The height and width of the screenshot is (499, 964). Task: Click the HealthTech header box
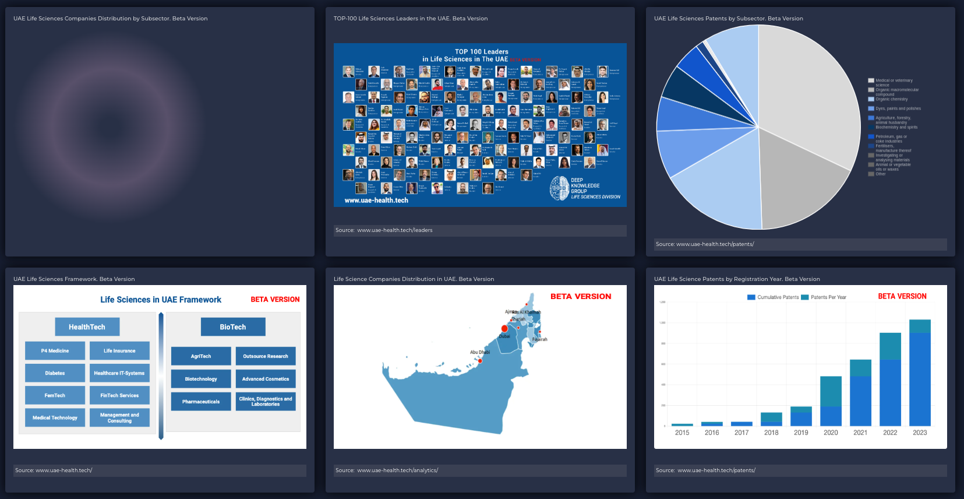tap(87, 327)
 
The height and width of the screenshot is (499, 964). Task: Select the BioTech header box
tap(233, 327)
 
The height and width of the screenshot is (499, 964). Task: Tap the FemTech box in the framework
tap(55, 395)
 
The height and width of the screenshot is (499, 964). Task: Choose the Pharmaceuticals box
tap(201, 402)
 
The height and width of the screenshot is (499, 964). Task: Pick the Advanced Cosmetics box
tap(266, 379)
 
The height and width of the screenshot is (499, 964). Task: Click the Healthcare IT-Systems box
tap(119, 373)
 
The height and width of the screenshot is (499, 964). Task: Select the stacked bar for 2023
tap(920, 373)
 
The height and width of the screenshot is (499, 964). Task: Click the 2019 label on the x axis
tap(801, 433)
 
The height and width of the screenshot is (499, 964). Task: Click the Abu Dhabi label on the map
tap(480, 352)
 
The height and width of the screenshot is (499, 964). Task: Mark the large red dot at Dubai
tap(504, 329)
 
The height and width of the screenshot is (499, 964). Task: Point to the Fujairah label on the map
tap(540, 339)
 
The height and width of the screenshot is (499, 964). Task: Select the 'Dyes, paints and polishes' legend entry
tap(898, 108)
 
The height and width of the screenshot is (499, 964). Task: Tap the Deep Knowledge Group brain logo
tap(559, 188)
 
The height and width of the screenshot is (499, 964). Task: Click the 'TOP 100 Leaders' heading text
tap(482, 52)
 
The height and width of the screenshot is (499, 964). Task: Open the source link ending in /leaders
tap(394, 230)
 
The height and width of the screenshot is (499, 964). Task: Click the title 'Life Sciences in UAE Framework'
tap(161, 300)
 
